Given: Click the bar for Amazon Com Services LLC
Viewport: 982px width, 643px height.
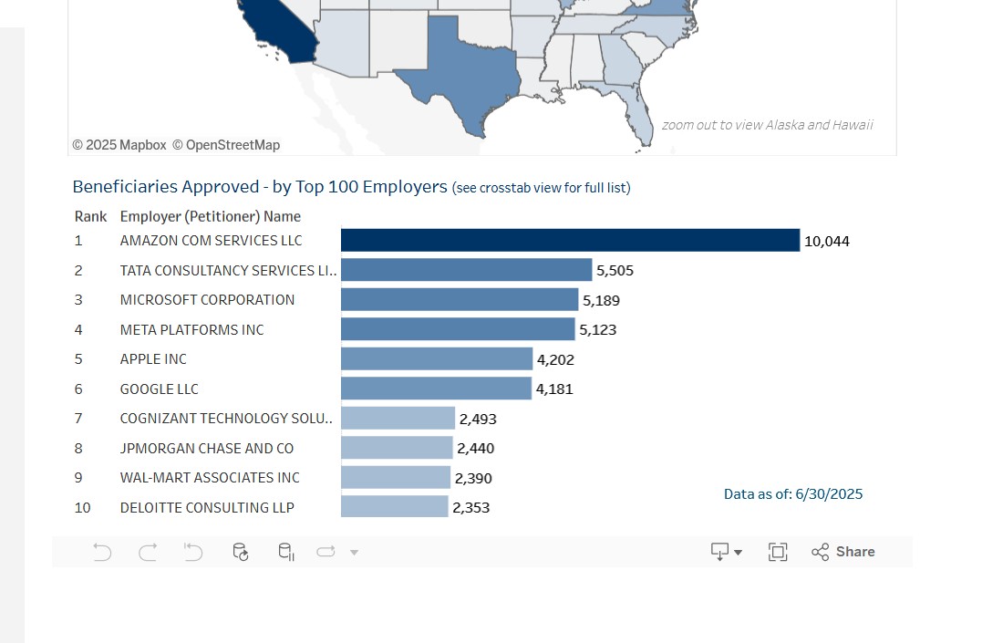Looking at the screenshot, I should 570,240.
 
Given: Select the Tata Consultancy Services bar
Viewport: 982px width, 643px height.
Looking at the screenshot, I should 466,270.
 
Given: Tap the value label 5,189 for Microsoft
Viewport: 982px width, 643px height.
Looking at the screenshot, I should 601,300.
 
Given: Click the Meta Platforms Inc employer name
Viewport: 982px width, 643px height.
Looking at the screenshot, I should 191,329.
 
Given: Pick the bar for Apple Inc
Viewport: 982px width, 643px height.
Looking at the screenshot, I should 436,358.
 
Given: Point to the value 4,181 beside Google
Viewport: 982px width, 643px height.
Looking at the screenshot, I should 554,389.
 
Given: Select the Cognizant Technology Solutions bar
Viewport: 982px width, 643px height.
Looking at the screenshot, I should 398,418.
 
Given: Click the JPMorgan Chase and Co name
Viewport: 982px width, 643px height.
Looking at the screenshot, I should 206,448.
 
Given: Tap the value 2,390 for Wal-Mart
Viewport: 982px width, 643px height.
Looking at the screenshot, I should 473,478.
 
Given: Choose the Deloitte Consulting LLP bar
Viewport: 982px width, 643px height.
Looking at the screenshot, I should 394,507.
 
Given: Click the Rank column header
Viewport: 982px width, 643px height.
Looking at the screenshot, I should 90,216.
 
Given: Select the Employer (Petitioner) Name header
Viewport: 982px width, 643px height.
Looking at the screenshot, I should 210,216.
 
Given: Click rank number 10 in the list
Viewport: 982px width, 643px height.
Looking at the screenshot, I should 82,507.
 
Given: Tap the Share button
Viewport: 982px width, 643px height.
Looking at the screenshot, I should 843,552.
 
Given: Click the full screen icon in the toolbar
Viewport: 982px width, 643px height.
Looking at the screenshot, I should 778,552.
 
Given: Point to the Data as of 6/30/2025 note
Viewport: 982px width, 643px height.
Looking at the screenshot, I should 792,494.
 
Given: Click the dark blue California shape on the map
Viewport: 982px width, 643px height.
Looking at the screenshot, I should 283,32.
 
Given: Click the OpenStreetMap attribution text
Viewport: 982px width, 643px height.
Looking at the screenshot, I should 226,145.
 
